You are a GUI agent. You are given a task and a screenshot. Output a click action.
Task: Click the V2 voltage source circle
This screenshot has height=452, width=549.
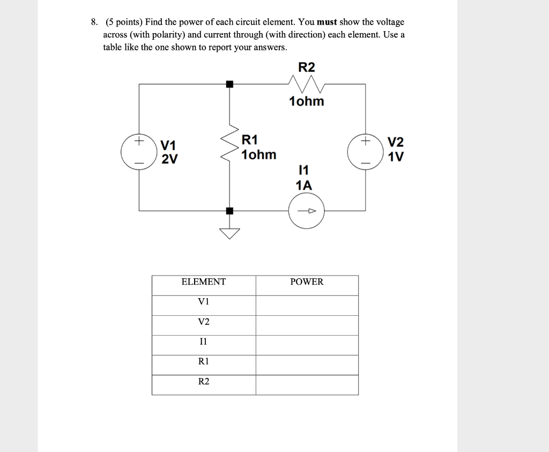pos(366,152)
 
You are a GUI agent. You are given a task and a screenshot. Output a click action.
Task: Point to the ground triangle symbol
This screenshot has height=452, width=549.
pos(230,232)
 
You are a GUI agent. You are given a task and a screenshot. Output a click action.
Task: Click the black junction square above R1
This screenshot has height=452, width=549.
pos(230,84)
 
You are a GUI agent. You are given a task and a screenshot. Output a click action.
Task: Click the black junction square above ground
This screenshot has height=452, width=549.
pos(230,211)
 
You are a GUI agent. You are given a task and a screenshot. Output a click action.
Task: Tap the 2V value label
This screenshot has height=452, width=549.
pos(170,159)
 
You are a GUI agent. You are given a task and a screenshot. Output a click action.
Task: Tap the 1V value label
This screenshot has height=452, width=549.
pos(396,158)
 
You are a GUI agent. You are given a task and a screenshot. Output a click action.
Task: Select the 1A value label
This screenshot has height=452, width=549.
pos(303,186)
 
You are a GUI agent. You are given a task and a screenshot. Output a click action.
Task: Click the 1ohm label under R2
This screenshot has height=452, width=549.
pos(307,101)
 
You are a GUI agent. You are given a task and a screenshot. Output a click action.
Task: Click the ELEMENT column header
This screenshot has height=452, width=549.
pos(204,282)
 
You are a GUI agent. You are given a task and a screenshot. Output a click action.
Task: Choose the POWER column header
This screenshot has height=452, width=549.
pos(307,282)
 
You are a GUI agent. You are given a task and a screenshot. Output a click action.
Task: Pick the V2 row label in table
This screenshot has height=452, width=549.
pos(204,322)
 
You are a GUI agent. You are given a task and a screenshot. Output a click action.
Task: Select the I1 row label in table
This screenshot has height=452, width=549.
pos(203,342)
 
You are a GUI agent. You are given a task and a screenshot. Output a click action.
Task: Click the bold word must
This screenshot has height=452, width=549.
pos(327,23)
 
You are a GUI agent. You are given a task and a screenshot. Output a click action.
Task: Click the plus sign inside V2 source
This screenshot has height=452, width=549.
pos(366,142)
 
